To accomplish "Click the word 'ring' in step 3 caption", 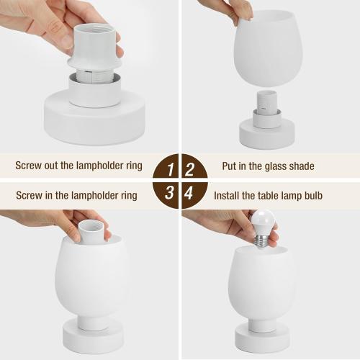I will pos(126,195).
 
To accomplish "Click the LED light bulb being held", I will pos(263,226).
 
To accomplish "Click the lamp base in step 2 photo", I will pos(267,133).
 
